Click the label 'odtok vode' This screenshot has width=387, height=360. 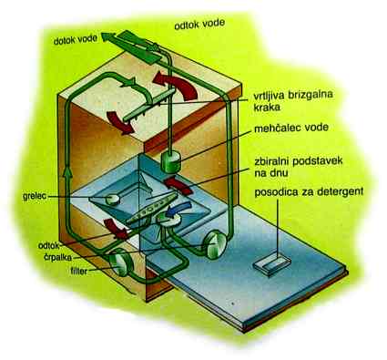point(199,24)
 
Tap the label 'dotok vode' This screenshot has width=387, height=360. point(76,39)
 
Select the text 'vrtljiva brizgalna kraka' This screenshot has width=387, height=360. point(293,100)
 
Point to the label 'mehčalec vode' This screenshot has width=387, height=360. point(291,128)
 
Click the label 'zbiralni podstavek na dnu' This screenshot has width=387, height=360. point(299,167)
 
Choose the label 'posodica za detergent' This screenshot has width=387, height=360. point(309,192)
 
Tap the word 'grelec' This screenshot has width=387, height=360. point(35,196)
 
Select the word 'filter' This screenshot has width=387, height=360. point(79,271)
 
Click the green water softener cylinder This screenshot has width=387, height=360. point(170,161)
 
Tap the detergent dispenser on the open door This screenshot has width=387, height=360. point(272,266)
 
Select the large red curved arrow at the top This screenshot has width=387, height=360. point(179,84)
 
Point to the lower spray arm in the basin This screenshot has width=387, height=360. point(152,209)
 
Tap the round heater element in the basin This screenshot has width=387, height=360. point(112,199)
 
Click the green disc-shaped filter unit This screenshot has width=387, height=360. point(121,262)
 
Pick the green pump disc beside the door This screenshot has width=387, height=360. point(215,244)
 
